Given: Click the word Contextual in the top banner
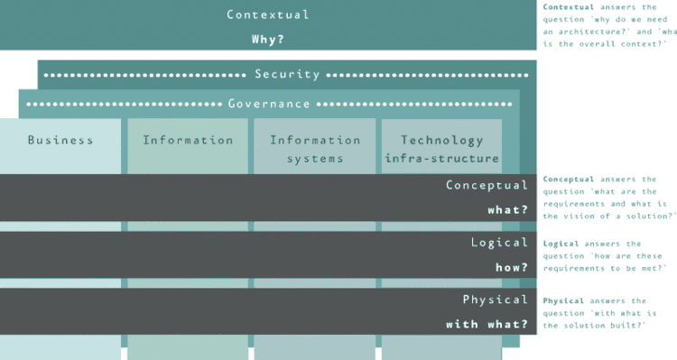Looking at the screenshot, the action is coord(268,15).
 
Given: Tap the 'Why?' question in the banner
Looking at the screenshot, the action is coord(268,40).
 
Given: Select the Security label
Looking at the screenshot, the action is coord(287,74).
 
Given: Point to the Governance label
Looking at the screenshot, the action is coord(269,104).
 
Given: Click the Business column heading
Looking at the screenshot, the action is coord(60,140).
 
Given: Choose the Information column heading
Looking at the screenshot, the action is coord(188,140).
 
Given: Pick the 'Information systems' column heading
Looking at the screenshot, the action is coord(315,149).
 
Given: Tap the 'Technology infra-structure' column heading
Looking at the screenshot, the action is coord(441,149).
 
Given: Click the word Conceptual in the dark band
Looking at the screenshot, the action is coord(487,185).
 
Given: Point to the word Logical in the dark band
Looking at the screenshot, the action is coord(499,242).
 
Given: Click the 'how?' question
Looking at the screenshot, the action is coord(511,267).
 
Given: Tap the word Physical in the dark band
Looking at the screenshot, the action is coord(495,300).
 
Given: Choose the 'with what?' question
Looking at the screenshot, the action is coord(487,324).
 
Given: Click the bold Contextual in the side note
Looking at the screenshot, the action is coord(569,7).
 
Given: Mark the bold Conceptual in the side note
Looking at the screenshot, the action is coord(569,179).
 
